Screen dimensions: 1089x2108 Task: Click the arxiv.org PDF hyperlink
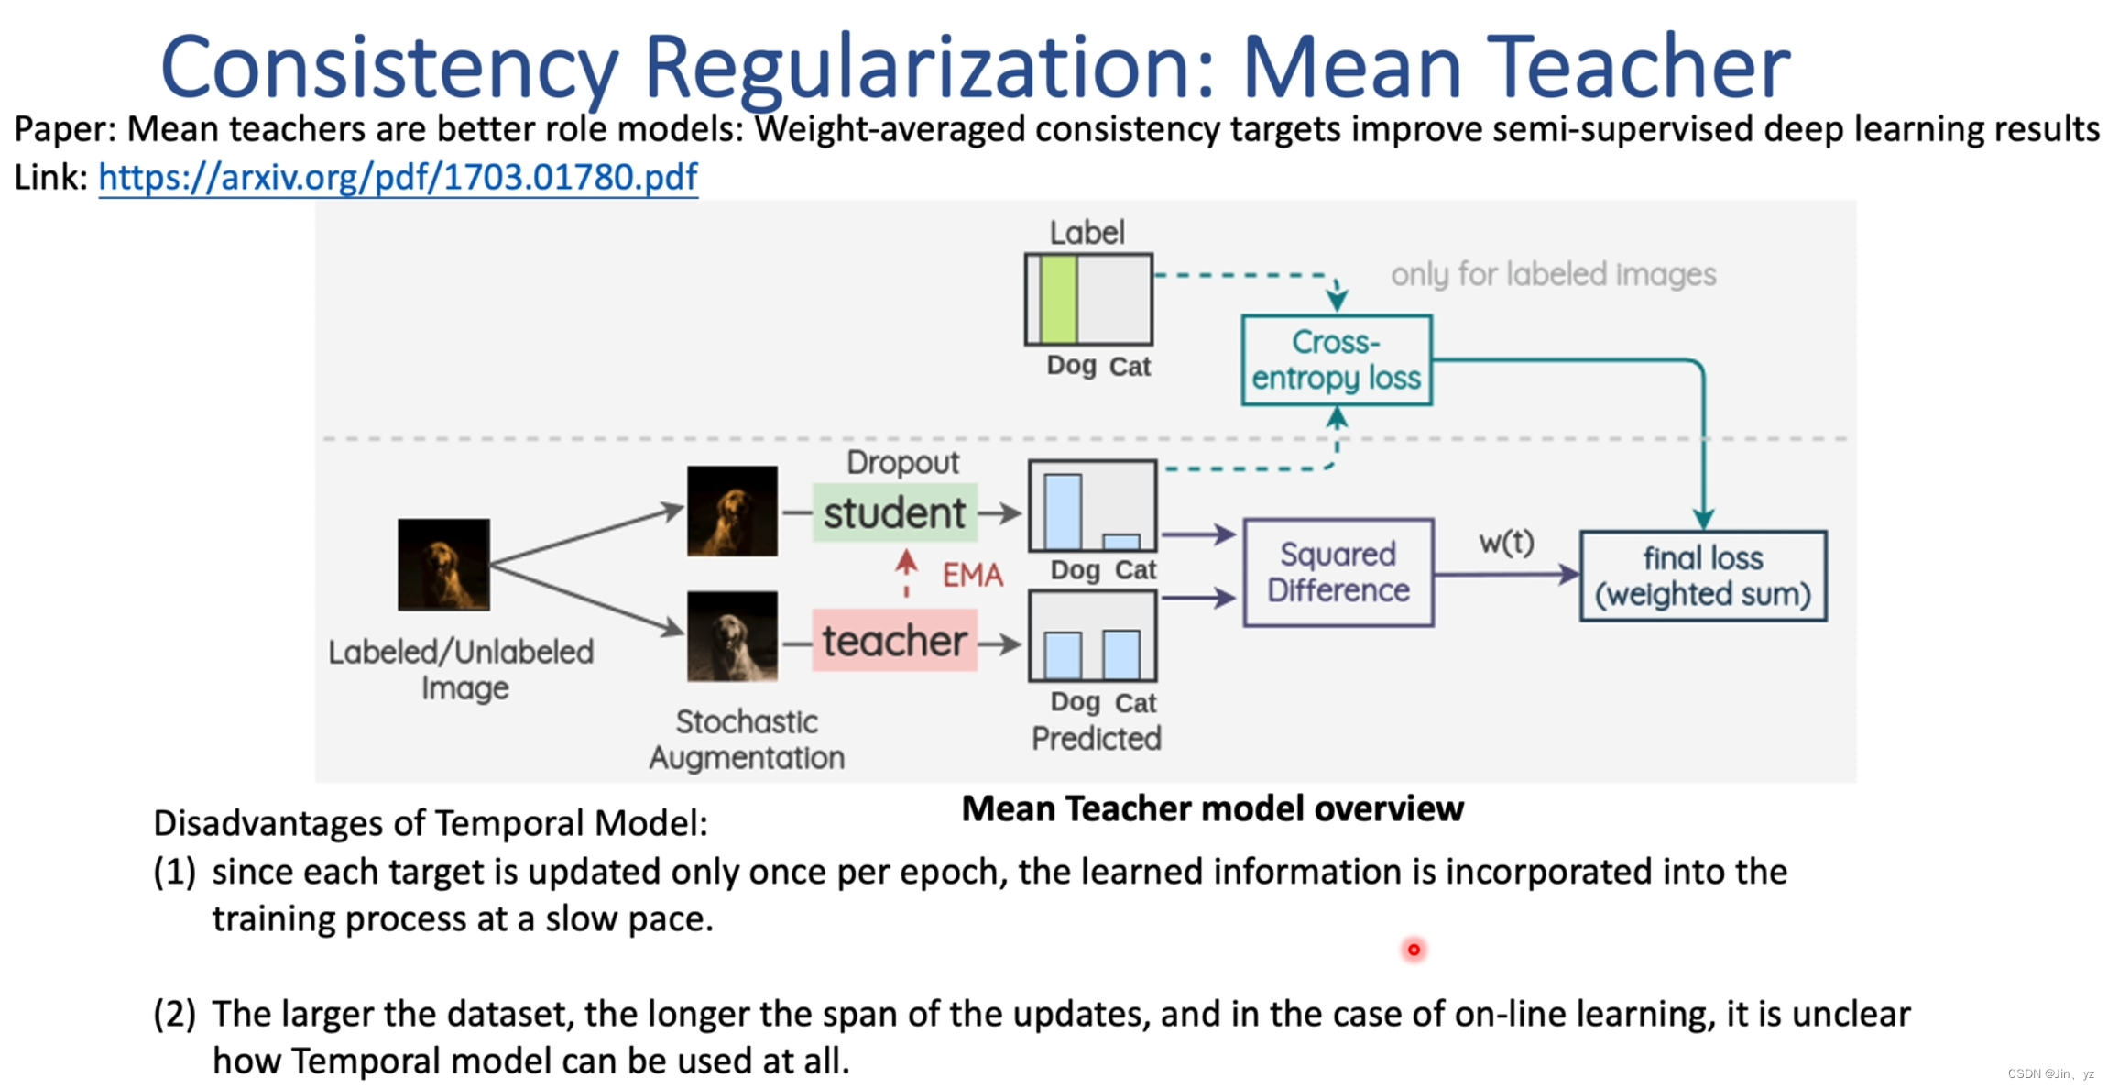pos(398,177)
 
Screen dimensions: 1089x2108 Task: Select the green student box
pos(894,512)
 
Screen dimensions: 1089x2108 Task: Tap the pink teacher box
pos(894,641)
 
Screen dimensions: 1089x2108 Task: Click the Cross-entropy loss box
pos(1336,360)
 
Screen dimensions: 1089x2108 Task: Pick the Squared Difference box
pos(1338,573)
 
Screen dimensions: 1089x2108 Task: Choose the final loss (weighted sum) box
pos(1702,576)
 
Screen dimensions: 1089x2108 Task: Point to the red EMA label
pos(973,575)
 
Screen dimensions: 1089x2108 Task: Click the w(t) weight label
pos(1506,542)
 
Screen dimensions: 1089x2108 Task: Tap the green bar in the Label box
pos(1058,300)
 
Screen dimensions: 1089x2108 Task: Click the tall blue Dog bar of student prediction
pos(1063,511)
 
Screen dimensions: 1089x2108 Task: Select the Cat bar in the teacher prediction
pos(1121,654)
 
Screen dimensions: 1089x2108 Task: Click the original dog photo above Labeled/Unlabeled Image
pos(443,565)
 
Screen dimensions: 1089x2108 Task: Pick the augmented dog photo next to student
pos(732,511)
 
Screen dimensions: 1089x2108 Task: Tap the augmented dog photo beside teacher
pos(732,636)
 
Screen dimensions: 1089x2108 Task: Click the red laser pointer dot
pos(1414,950)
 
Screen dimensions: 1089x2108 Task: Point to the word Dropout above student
pos(902,463)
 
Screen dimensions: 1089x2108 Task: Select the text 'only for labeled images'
pos(1553,274)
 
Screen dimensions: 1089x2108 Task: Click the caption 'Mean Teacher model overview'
pos(1212,808)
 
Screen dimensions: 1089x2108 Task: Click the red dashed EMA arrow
pos(906,574)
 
